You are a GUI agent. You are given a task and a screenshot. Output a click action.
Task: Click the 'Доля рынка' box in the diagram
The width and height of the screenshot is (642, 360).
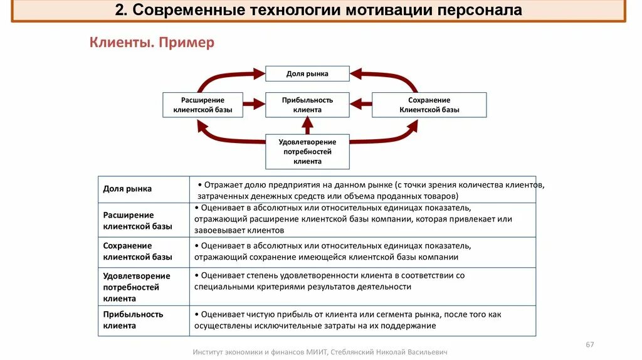point(307,73)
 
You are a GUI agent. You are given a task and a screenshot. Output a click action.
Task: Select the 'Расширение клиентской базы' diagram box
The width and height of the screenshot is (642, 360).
point(203,105)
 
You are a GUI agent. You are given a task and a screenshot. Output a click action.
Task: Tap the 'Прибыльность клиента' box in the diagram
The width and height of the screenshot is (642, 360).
point(307,105)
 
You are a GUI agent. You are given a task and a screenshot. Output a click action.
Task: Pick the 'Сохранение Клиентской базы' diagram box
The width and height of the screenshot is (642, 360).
point(429,105)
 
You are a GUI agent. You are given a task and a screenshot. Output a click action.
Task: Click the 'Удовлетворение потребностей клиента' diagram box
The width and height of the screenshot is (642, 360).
point(307,151)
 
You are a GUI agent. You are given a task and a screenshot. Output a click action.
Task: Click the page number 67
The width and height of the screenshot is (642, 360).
point(589,344)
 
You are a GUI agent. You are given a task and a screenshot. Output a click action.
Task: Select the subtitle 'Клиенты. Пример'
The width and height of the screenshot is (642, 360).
point(152,43)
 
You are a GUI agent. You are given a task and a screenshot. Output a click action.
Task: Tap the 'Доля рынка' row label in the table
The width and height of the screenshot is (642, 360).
point(127,189)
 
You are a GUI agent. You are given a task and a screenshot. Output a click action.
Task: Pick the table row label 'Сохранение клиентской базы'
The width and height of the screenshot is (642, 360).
point(137,251)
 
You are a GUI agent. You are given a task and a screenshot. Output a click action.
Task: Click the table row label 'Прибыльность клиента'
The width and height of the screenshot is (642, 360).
point(133,320)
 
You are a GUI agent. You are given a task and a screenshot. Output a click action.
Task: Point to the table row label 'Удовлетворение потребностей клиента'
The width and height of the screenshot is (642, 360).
point(137,287)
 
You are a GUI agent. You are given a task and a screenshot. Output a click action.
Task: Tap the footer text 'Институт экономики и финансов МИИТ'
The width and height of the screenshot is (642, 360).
point(261,352)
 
